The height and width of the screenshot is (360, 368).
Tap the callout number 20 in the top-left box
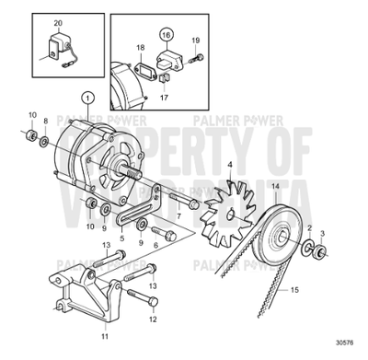[x=58, y=22]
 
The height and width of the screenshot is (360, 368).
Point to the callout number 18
[x=140, y=47]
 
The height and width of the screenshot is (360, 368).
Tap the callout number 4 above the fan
[x=230, y=167]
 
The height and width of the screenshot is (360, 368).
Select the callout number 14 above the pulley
[x=274, y=187]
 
